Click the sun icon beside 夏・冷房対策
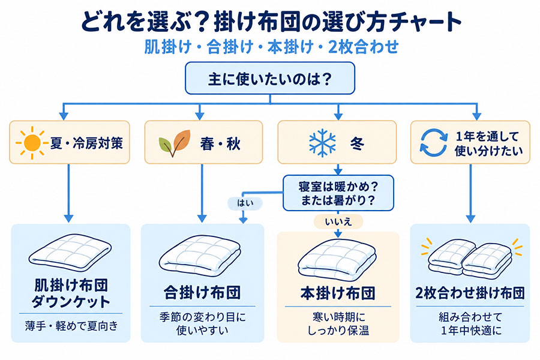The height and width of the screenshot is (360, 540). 32,143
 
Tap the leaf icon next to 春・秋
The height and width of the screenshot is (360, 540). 175,143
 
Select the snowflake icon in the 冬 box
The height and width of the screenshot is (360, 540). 322,143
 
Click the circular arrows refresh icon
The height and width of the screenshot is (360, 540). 434,143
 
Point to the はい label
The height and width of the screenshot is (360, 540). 245,203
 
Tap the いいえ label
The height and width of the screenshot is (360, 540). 338,221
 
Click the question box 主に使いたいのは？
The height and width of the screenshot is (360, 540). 270,78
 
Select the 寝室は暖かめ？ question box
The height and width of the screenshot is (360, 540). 338,193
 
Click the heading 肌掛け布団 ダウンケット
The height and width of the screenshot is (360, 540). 71,293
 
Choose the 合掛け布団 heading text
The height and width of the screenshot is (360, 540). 202,293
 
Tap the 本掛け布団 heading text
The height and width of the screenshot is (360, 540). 338,293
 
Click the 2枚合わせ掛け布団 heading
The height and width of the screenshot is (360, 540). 470,293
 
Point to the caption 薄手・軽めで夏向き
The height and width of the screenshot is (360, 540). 71,326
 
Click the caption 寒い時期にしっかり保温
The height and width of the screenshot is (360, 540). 338,323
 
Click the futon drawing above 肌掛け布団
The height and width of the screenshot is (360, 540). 71,253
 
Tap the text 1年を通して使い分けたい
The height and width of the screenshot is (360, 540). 488,143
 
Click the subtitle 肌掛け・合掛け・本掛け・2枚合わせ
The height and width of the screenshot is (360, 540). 271,47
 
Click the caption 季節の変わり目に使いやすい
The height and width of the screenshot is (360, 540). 203,323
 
